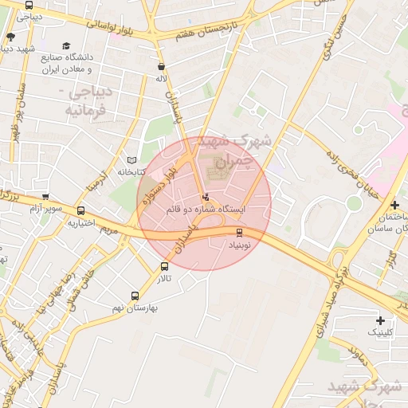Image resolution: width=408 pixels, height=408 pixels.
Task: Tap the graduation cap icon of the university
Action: [x=66, y=45]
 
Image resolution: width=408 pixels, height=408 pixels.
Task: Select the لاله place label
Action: [x=162, y=78]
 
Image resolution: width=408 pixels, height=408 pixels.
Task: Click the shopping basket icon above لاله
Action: [x=163, y=67]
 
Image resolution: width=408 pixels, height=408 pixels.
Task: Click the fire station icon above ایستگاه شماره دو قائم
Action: [x=206, y=196]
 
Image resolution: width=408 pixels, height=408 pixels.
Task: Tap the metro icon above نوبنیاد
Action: [x=240, y=233]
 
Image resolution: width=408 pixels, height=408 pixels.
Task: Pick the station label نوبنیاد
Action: [x=240, y=245]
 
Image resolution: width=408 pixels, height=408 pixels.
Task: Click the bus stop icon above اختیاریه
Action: [x=80, y=211]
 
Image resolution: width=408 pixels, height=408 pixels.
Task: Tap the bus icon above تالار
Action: [x=164, y=266]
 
